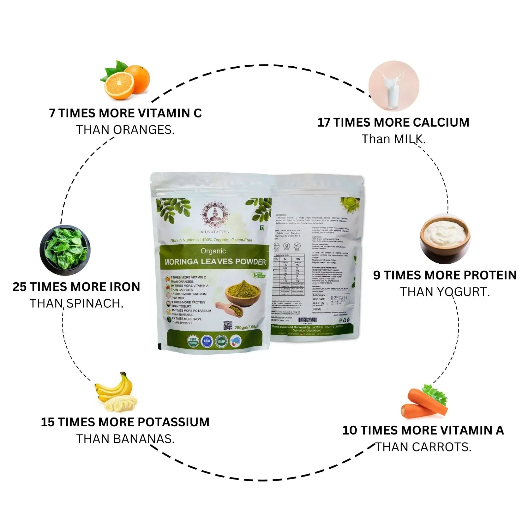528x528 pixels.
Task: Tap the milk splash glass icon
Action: [394, 85]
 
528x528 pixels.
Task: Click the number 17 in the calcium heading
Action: [323, 122]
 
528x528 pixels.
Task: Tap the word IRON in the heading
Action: [123, 287]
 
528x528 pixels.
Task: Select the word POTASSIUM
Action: [173, 422]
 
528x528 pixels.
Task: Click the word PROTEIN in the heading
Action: [490, 275]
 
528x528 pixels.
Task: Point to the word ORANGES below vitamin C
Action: [144, 130]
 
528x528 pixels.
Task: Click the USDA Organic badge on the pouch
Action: [193, 341]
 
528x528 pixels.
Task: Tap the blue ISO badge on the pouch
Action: [207, 341]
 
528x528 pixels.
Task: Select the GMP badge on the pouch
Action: [221, 341]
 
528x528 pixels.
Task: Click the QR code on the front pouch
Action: [228, 325]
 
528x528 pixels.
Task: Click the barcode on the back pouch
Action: [307, 320]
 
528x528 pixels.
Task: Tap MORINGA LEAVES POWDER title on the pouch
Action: [215, 262]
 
